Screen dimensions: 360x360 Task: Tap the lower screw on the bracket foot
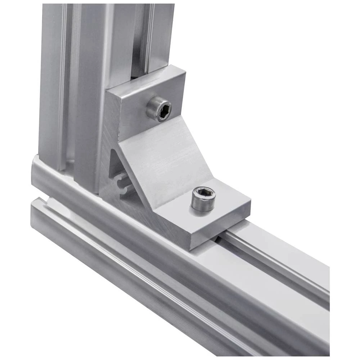coord(203,199)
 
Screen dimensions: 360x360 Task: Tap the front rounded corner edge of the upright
coord(83,108)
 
